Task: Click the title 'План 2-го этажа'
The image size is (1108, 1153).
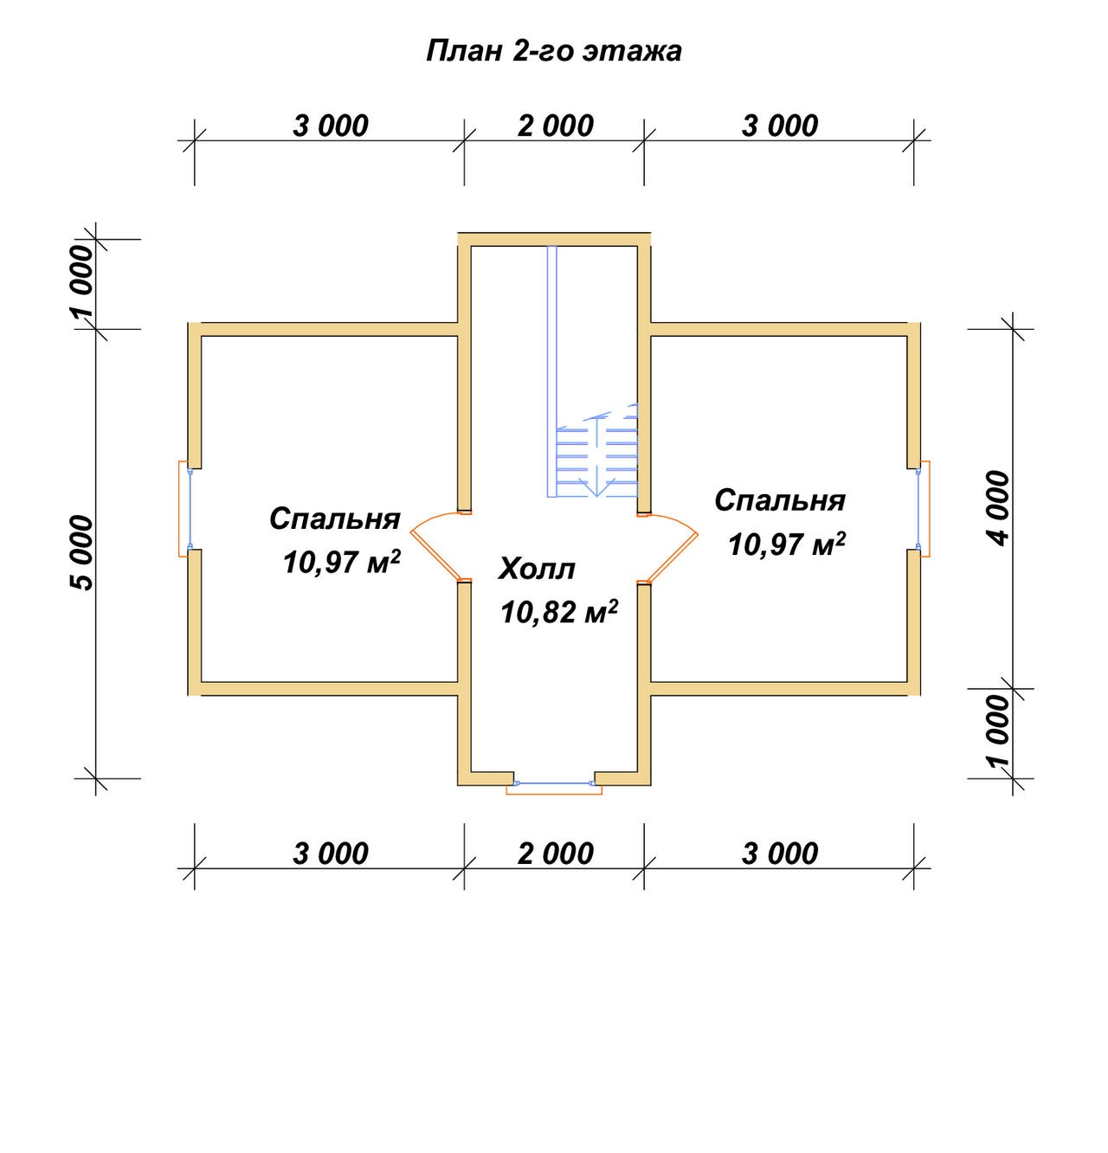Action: (x=553, y=52)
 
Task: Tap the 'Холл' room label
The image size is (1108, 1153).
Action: (x=537, y=569)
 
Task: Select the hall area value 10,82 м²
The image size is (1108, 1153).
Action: (x=559, y=611)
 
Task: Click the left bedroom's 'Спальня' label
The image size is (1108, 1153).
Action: (x=335, y=519)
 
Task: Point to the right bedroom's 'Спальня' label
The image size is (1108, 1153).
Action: (x=780, y=500)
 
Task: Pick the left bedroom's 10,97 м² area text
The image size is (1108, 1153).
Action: (x=342, y=562)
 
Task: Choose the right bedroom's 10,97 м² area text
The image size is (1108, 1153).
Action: (x=787, y=544)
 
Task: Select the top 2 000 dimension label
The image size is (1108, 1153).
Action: (x=555, y=126)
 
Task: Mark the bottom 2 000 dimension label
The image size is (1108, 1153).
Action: (x=555, y=853)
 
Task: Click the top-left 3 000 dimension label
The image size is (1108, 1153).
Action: (x=331, y=126)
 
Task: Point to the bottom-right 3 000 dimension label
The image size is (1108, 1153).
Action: (x=780, y=853)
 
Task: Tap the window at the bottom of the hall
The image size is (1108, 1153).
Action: (x=554, y=788)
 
